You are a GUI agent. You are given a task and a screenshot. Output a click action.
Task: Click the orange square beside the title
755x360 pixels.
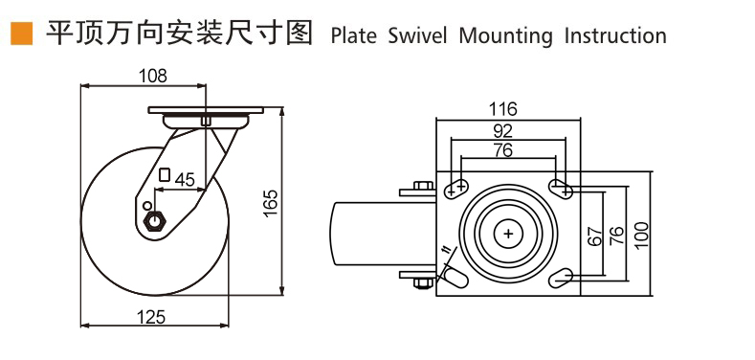[x=22, y=34]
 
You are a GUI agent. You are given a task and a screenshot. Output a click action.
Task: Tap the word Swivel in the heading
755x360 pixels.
[x=417, y=36]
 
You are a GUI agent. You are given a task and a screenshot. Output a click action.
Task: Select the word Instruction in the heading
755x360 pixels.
[x=615, y=36]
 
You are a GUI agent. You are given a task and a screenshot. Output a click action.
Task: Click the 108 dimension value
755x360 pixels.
[x=153, y=76]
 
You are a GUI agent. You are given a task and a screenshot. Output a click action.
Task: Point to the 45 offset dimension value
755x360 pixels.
[x=184, y=180]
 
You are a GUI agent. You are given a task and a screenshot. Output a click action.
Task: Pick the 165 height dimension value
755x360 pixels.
[x=271, y=203]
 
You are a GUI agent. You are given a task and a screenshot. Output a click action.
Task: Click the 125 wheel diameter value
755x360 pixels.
[x=151, y=317]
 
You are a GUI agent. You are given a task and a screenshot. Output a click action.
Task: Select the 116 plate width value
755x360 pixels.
[x=502, y=109]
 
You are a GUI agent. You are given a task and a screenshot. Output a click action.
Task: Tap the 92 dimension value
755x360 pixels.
[x=503, y=130]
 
